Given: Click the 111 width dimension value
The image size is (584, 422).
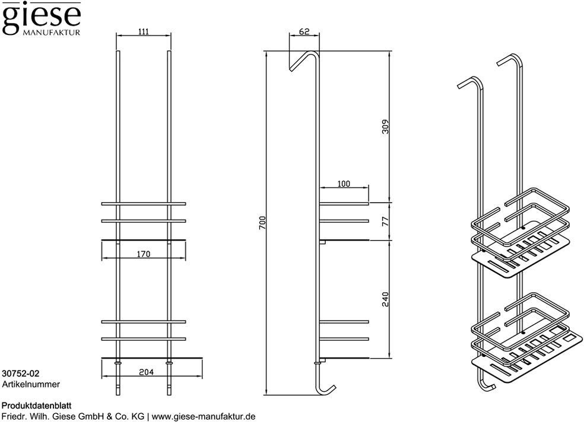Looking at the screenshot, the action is (x=144, y=31).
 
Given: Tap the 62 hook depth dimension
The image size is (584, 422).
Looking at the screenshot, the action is (x=304, y=31).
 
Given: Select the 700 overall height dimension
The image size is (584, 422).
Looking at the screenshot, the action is (x=262, y=223).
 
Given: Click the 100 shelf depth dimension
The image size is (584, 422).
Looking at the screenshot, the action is (x=344, y=184).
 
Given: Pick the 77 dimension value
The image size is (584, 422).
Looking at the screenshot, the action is (x=386, y=221).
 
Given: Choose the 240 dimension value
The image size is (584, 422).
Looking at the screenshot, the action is (x=386, y=299).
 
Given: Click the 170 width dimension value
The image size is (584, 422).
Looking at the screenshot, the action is (x=144, y=254).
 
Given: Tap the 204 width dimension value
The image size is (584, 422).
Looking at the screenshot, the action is (x=147, y=372).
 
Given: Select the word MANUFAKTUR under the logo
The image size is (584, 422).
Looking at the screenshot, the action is (x=52, y=33).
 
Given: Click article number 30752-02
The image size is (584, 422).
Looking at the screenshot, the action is (x=21, y=373).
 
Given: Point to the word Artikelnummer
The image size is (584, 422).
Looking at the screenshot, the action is (x=31, y=384).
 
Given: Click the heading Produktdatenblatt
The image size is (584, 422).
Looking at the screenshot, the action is (x=37, y=405).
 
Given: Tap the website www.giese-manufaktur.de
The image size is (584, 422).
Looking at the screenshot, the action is (x=204, y=417).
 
